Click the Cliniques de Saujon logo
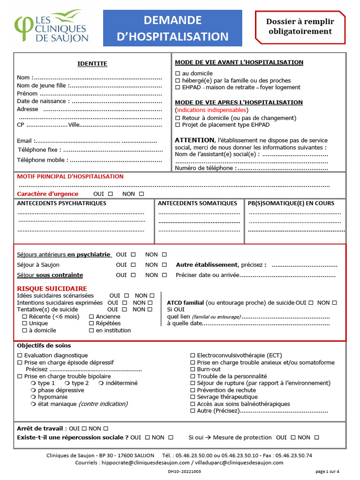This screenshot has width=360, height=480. coord(51,27)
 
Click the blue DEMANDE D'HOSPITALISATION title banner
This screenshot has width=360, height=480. coord(172,28)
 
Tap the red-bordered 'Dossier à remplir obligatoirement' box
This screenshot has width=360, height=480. coord(300,27)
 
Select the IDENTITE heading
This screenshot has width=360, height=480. coord(92,64)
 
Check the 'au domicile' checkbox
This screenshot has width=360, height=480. coord(178,74)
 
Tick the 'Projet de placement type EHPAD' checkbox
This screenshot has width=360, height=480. coord(178,125)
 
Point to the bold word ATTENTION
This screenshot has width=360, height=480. coord(194,140)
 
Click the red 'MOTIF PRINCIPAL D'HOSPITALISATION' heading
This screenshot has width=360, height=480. coord(70,177)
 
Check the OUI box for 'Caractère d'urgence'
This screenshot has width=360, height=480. coord(111,194)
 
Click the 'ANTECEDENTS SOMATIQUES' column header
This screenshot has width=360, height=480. coord(197,203)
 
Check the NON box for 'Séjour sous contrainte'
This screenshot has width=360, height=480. coord(164,275)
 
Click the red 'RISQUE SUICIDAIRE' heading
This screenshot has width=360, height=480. coord(52,289)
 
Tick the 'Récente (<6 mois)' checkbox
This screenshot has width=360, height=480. coord(25,317)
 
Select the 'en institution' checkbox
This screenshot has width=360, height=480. coord(91,330)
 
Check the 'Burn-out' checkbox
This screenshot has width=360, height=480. coord(193,369)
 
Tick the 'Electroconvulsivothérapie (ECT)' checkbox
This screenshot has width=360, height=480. coord(193,356)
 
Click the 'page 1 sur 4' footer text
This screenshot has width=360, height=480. coord(328,472)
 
